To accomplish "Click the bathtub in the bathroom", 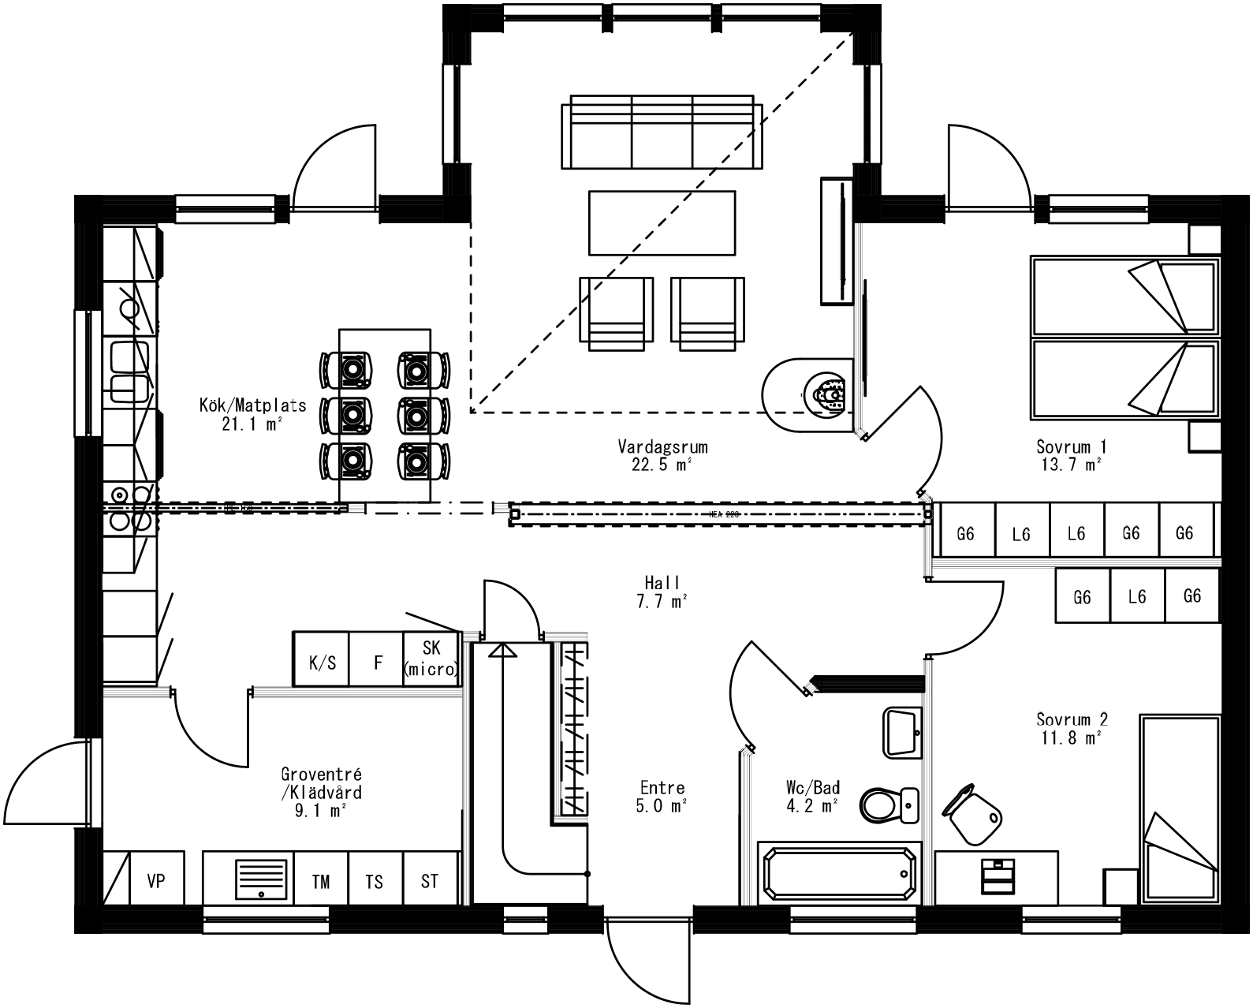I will (839, 873).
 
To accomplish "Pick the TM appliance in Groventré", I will (321, 881).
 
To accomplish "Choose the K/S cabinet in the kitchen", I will (322, 663).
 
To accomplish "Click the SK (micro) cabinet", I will (431, 659).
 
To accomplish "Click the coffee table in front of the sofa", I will (662, 222).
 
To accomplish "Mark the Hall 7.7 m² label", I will (662, 592).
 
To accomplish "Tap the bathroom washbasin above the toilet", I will (901, 731).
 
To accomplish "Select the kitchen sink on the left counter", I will (129, 371).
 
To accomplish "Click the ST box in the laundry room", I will (429, 881).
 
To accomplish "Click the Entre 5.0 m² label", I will (662, 797).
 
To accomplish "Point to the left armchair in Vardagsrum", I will (616, 312).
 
